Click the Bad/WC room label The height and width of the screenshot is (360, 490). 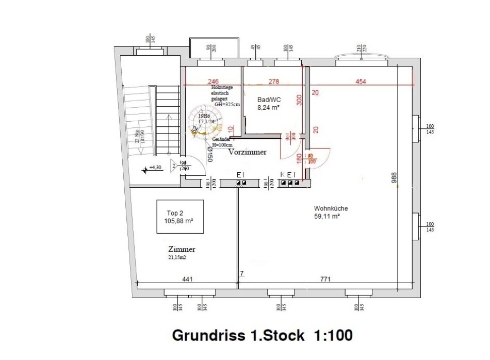(x=268, y=99)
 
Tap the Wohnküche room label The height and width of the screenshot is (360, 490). (x=331, y=208)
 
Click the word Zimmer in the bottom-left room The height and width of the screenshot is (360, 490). (x=182, y=249)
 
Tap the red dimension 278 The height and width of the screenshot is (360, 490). (x=274, y=81)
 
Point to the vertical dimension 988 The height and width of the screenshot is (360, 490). (x=394, y=178)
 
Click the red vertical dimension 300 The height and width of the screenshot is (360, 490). (x=299, y=100)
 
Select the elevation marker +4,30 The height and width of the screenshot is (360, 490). (x=154, y=168)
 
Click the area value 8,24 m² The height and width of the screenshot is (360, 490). (x=268, y=108)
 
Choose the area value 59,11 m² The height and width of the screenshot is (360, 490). (x=327, y=217)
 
